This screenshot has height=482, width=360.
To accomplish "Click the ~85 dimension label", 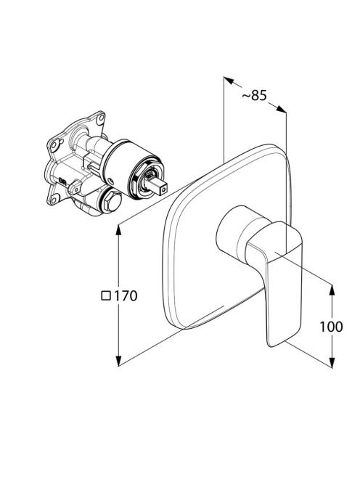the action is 254,95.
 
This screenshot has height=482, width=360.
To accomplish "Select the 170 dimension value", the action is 126,296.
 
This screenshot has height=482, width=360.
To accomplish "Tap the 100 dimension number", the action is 331,327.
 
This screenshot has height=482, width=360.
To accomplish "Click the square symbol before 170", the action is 106,295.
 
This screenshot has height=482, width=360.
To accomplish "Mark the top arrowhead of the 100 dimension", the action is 332,290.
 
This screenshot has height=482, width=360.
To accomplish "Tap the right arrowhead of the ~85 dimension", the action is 282,109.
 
